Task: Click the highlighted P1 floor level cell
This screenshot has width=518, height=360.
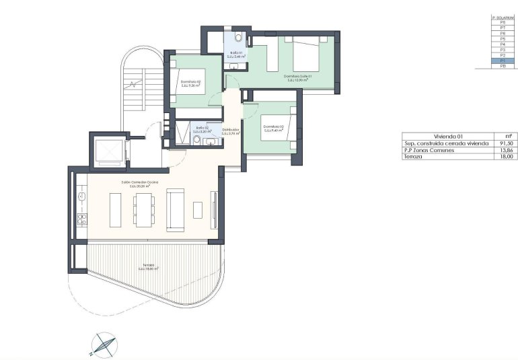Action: click(503, 61)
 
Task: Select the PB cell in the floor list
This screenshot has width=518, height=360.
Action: click(503, 66)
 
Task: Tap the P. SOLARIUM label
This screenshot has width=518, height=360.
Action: click(503, 16)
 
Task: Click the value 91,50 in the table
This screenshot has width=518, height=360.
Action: click(507, 143)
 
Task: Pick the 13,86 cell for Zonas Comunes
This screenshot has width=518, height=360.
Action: click(507, 150)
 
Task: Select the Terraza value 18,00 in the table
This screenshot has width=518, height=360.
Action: click(507, 156)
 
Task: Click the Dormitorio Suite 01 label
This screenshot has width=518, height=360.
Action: click(297, 77)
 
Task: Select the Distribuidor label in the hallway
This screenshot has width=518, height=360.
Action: click(231, 129)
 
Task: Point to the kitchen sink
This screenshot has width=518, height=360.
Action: click(81, 196)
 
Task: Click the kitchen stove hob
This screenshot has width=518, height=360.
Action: click(81, 219)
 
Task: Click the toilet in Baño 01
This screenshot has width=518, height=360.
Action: click(239, 39)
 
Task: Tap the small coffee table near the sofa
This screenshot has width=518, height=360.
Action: click(197, 209)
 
